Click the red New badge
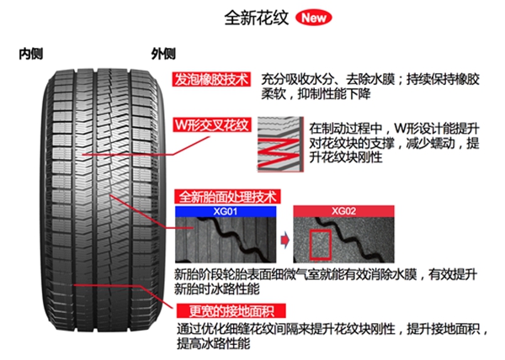coord(313,18)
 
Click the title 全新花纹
coord(257,18)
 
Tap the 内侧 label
coord(31,54)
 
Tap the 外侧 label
coord(163,54)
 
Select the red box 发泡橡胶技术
coord(211,79)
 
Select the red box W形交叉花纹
coord(212,124)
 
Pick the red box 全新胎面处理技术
coord(227,196)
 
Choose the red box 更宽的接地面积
coord(231,310)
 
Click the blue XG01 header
coord(226,211)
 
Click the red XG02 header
coord(343,211)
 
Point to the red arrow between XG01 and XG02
coord(284,240)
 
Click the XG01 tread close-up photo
coord(226,240)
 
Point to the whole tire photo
coord(103,200)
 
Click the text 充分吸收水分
coord(297,79)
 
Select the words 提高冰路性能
coord(213,343)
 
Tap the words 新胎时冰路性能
coord(217,289)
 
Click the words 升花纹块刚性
coord(346,157)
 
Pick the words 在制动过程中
coord(346,129)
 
